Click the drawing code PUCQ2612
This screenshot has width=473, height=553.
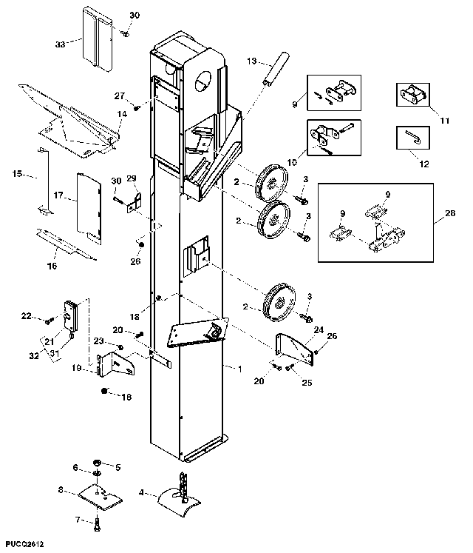tap(24, 545)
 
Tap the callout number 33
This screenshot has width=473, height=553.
tap(61, 44)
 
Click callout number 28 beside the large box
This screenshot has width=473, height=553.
tap(450, 213)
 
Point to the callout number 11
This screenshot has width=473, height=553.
tap(445, 121)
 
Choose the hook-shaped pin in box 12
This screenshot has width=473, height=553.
tap(413, 137)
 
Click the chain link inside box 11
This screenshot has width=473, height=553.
tap(413, 95)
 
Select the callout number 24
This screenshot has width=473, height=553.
tap(319, 329)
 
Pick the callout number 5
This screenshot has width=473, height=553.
tap(118, 467)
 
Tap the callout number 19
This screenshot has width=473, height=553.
tap(77, 368)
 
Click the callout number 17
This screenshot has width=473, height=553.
tap(58, 195)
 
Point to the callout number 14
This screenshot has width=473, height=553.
tap(122, 114)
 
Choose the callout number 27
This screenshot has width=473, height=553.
tap(120, 96)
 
